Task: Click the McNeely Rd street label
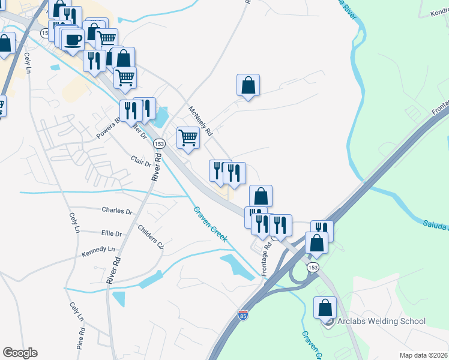click(201, 121)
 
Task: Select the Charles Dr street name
click(116, 211)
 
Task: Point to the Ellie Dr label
click(112, 233)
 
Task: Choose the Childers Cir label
click(150, 237)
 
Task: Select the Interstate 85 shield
click(243, 315)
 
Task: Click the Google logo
click(20, 353)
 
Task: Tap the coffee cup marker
click(73, 40)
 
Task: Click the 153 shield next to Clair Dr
click(159, 144)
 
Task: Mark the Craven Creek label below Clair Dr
click(210, 224)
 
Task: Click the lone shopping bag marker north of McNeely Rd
click(248, 86)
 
